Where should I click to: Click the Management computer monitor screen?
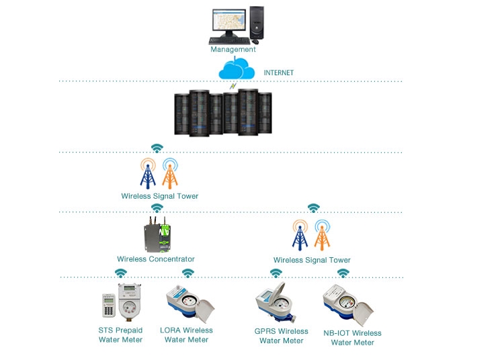pyautogui.click(x=229, y=20)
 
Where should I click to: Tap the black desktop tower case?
pyautogui.click(x=257, y=23)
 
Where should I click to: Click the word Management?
pyautogui.click(x=233, y=50)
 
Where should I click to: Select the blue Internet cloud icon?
pyautogui.click(x=237, y=69)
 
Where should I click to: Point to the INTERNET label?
pyautogui.click(x=279, y=73)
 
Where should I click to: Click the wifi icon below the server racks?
pyautogui.click(x=157, y=148)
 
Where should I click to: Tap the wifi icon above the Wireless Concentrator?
pyautogui.click(x=157, y=208)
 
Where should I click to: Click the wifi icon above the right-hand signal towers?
pyautogui.click(x=313, y=208)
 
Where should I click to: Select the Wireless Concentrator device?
pyautogui.click(x=157, y=234)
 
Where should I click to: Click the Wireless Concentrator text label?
pyautogui.click(x=156, y=259)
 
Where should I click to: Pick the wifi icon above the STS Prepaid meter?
pyautogui.click(x=121, y=273)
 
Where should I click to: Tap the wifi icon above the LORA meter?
pyautogui.click(x=188, y=273)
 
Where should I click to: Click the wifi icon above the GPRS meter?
pyautogui.click(x=276, y=273)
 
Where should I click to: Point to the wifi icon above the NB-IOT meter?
pyautogui.click(x=343, y=273)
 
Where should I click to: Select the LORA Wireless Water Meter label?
pyautogui.click(x=186, y=335)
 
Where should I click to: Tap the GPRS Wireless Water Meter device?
pyautogui.click(x=276, y=302)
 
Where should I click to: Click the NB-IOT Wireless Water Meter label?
pyautogui.click(x=352, y=338)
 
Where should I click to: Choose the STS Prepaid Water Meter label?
pyautogui.click(x=120, y=335)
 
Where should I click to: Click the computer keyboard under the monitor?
pyautogui.click(x=230, y=41)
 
